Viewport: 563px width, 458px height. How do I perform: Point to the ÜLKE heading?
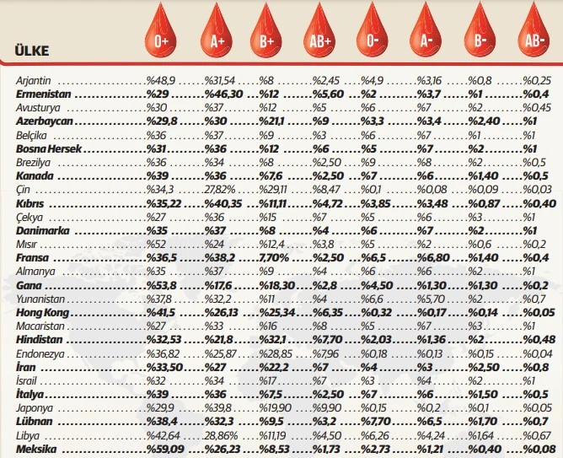coord(32,51)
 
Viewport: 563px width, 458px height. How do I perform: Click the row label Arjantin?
coord(35,80)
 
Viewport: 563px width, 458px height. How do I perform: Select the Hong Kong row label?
coord(43,312)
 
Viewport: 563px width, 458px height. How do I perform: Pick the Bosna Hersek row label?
coord(48,149)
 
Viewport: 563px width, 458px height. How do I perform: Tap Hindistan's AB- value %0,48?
coord(534,340)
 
